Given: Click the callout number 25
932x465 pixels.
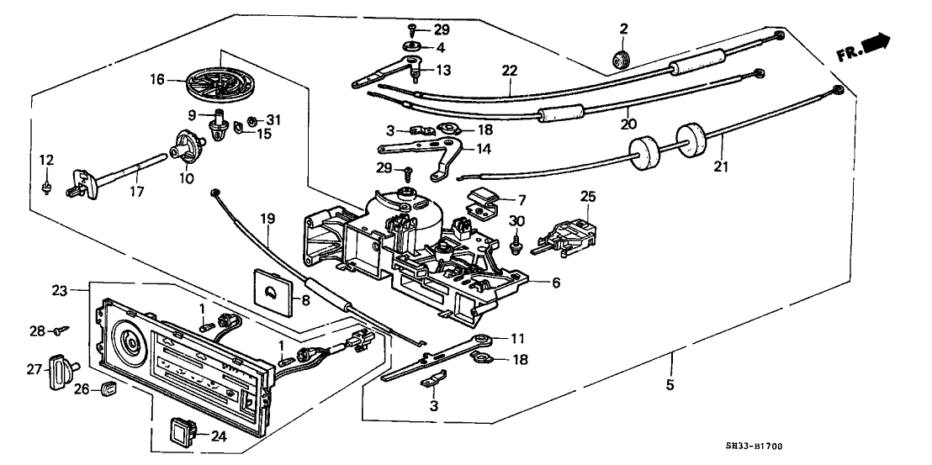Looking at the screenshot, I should (587, 196).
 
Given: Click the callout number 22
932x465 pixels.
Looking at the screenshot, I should (509, 71).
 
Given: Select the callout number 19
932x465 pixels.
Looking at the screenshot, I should (268, 221).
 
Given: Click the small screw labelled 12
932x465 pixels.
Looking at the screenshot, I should (47, 184).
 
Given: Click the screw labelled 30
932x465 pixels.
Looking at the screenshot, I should (514, 241).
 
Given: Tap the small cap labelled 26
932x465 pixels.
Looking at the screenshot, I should (107, 389).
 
